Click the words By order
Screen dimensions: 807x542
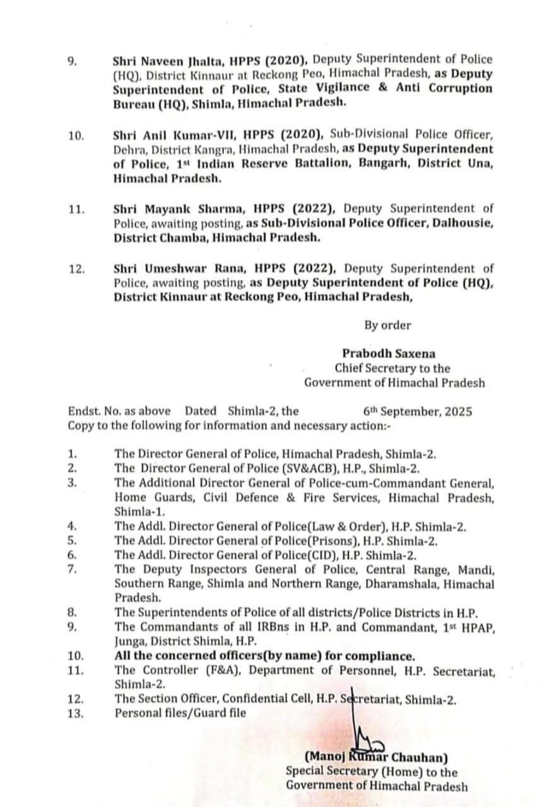coord(387,325)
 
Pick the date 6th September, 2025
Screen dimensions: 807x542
coord(413,412)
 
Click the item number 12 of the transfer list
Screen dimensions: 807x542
coord(76,269)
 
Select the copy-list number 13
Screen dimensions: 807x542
coord(76,714)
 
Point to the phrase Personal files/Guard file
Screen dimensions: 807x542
coord(180,714)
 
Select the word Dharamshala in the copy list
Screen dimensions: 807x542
coord(383,584)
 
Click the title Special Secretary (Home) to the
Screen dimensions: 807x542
coord(372,772)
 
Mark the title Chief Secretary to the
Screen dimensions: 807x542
coord(392,368)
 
